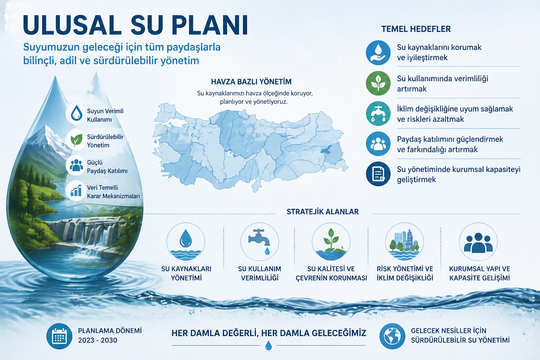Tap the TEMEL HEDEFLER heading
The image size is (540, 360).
pyautogui.click(x=416, y=29)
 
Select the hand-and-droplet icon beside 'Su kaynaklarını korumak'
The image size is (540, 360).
pyautogui.click(x=378, y=52)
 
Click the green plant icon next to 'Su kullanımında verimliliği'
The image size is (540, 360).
pyautogui.click(x=378, y=83)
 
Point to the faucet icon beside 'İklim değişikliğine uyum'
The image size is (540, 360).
pyautogui.click(x=378, y=114)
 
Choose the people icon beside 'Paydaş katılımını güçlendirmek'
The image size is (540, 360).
pyautogui.click(x=378, y=144)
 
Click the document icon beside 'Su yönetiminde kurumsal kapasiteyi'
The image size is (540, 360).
pyautogui.click(x=378, y=174)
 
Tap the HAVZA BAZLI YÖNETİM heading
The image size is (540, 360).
pyautogui.click(x=251, y=82)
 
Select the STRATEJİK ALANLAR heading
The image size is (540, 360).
pyautogui.click(x=322, y=212)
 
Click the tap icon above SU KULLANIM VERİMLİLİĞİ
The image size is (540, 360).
pyautogui.click(x=259, y=241)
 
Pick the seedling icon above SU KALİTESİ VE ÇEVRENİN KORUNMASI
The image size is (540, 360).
pyautogui.click(x=331, y=241)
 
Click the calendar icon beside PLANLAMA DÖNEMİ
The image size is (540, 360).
pyautogui.click(x=59, y=336)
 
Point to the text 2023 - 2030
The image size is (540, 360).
pyautogui.click(x=97, y=340)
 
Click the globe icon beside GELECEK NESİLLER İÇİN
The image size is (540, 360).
pyautogui.click(x=392, y=336)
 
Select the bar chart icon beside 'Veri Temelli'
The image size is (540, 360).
pyautogui.click(x=76, y=191)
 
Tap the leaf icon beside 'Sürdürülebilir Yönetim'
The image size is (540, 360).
pyautogui.click(x=76, y=140)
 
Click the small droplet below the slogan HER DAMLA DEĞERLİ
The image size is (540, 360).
pyautogui.click(x=269, y=346)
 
